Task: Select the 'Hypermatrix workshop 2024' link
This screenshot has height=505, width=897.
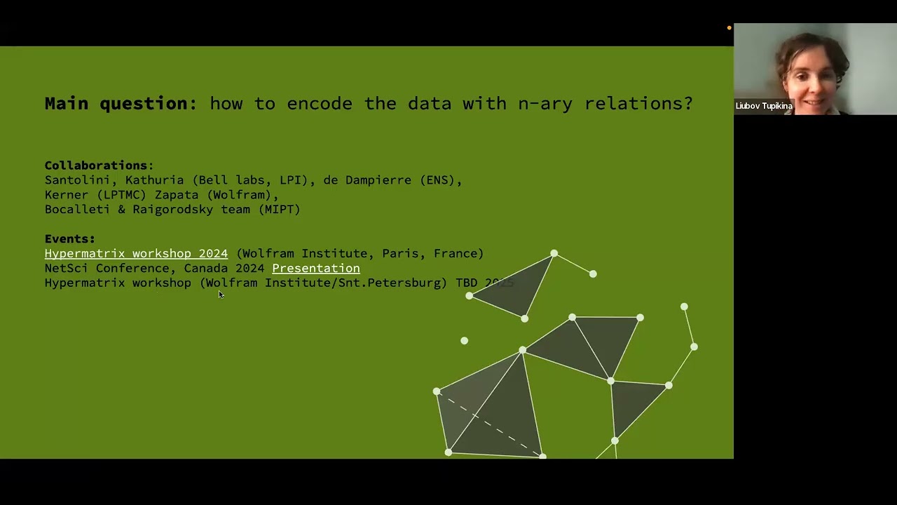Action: coord(136,253)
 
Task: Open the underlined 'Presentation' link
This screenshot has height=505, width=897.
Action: coord(315,268)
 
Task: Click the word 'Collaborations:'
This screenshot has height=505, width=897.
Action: coord(99,166)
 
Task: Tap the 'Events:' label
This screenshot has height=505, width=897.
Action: coord(69,238)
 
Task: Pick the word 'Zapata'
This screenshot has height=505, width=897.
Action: coord(177,195)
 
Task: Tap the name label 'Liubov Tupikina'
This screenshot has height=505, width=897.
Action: coord(764,106)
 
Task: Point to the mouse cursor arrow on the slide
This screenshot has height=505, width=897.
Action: coord(220,294)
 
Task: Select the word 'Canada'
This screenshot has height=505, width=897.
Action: coord(205,268)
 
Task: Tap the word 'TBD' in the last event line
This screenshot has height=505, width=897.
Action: coord(466,283)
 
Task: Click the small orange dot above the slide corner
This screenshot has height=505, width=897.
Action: coord(729,28)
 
